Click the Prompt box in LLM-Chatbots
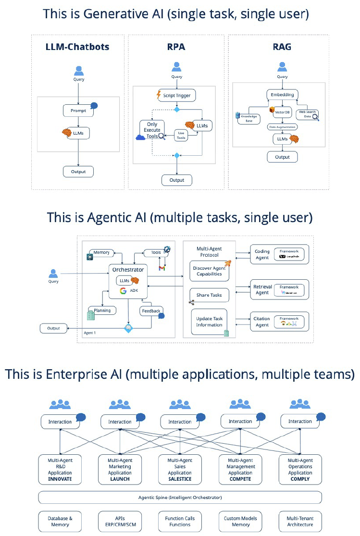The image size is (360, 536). tap(78, 111)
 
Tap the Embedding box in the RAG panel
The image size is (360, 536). tap(282, 94)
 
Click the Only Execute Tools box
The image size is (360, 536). tap(152, 130)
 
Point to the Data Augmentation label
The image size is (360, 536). tap(282, 126)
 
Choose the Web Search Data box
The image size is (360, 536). tap(308, 114)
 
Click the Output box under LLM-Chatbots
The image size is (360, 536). tap(78, 171)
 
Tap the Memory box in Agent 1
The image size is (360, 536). tap(101, 252)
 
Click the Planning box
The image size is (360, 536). tap(102, 311)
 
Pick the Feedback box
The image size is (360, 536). tap(151, 311)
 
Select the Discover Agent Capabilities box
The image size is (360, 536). tap(210, 271)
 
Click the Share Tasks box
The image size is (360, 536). tap(210, 295)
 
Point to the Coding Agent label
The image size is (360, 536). tap(262, 254)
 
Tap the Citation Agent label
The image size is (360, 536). tap(262, 321)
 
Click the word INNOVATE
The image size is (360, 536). tap(60, 479)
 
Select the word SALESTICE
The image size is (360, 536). tap(180, 479)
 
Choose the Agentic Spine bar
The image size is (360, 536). tap(180, 497)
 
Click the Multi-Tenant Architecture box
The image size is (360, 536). tap(300, 522)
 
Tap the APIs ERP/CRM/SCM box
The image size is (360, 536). tap(120, 522)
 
